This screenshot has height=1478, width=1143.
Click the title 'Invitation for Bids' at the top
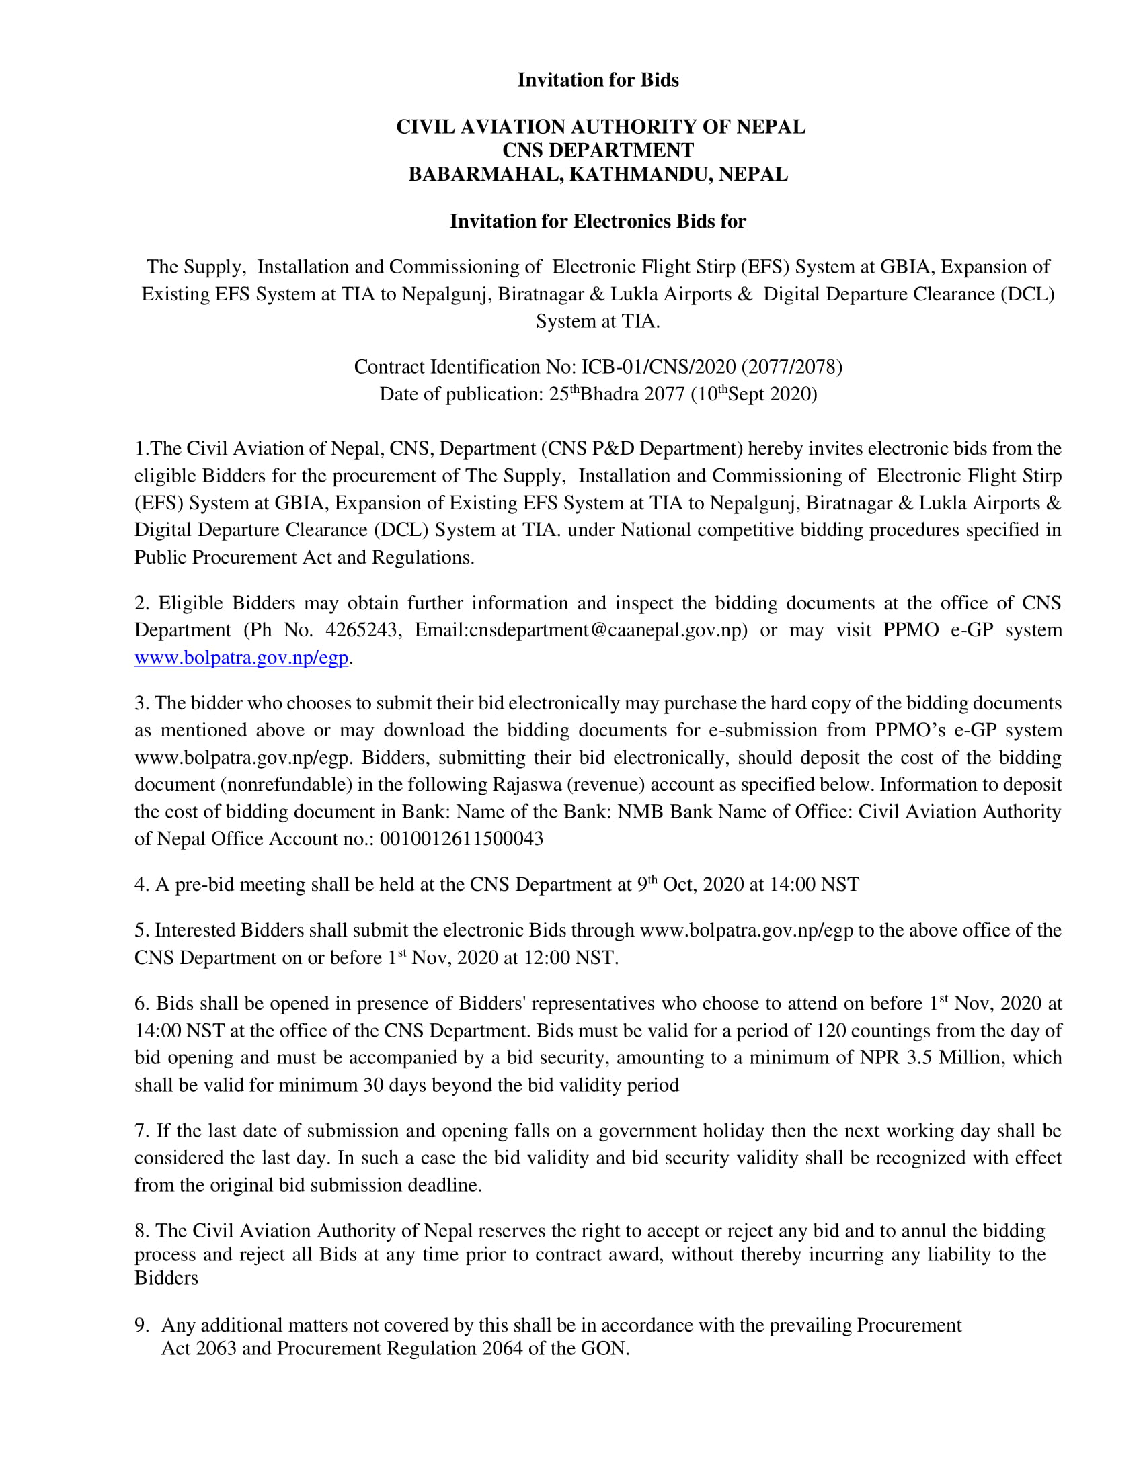click(598, 80)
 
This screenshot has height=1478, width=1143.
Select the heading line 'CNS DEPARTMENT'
click(598, 150)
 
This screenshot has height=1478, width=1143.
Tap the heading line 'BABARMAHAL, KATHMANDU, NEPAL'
click(598, 174)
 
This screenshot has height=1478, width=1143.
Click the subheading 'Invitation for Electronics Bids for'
click(598, 221)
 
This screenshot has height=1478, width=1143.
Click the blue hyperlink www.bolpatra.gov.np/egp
click(241, 658)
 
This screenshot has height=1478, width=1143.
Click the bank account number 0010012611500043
click(461, 839)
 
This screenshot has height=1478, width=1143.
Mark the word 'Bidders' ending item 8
click(166, 1278)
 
